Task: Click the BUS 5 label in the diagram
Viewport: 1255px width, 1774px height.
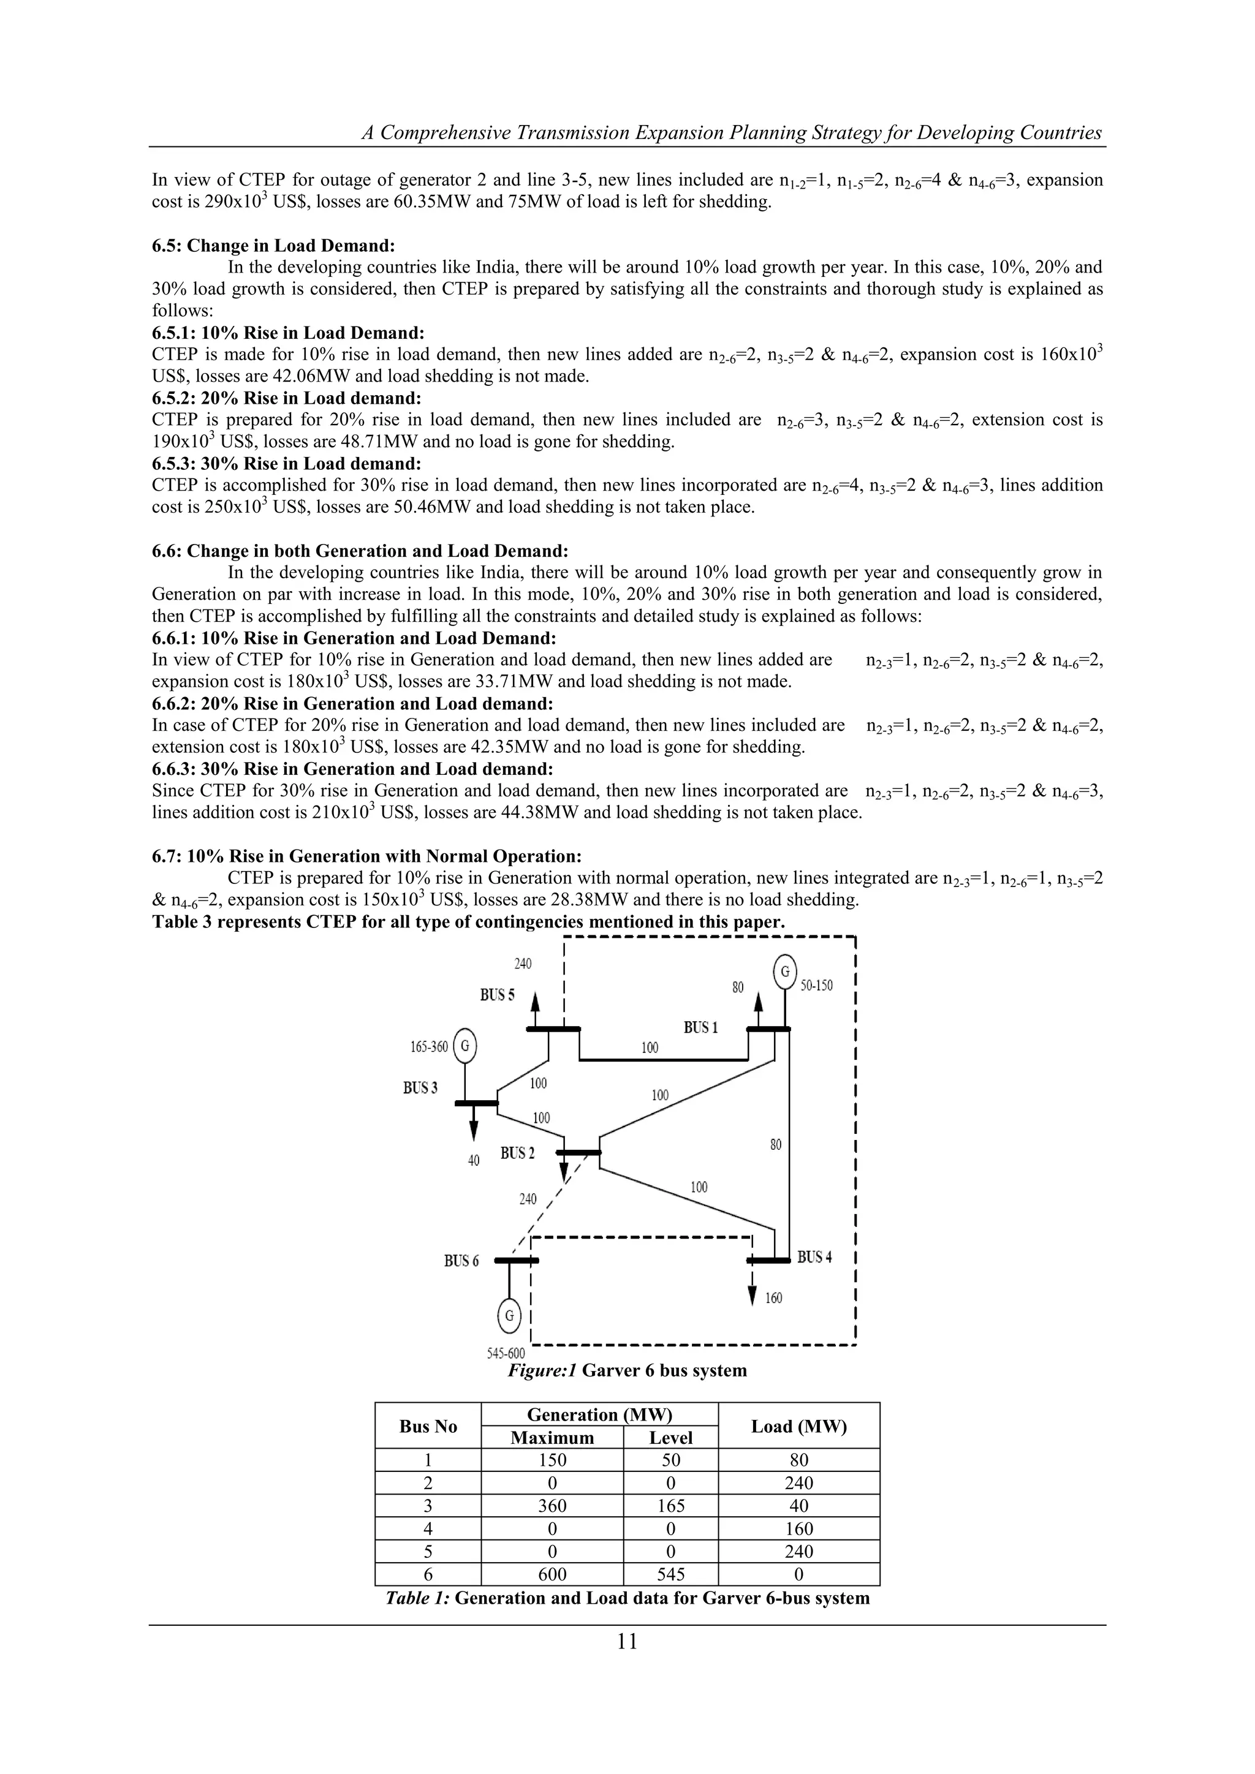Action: [x=497, y=995]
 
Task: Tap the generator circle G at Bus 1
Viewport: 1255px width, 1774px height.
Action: [x=784, y=971]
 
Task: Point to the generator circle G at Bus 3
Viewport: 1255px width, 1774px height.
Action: [x=464, y=1047]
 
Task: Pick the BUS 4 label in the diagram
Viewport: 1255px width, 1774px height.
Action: [x=814, y=1257]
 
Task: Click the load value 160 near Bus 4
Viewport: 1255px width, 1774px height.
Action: [x=773, y=1298]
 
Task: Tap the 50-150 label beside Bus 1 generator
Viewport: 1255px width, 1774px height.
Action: [x=817, y=986]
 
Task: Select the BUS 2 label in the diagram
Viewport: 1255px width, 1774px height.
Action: [x=517, y=1153]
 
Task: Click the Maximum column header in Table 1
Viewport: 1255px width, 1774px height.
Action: [x=552, y=1438]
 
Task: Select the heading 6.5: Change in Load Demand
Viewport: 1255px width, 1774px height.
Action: [x=273, y=246]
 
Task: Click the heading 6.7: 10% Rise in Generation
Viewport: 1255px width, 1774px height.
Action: [x=366, y=856]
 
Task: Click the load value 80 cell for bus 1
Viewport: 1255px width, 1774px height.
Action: [x=798, y=1460]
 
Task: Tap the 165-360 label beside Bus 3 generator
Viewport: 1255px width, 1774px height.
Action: [x=429, y=1047]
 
